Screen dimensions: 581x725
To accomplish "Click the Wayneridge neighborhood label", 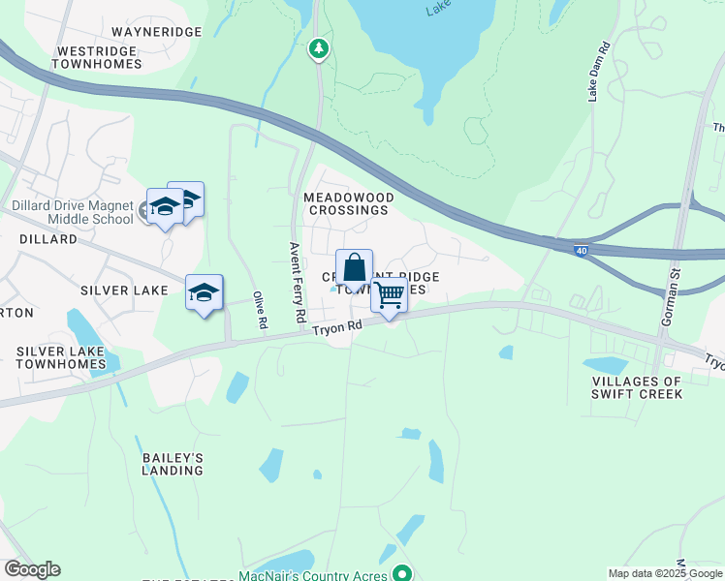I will coord(158,32).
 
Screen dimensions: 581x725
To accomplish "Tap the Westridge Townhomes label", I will coord(99,57).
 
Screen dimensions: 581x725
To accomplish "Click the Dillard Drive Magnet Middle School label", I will coord(72,212).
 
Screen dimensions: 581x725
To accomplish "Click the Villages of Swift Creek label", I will coord(638,387).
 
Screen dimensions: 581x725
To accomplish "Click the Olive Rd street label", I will coord(259,310).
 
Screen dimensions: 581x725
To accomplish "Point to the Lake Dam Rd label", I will coord(597,72).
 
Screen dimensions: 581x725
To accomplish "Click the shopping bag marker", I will coord(355,268).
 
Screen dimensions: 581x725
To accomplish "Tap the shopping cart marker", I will coord(389,293).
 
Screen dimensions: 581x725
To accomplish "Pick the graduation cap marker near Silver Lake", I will coord(204,292).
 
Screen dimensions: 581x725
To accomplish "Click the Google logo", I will coord(32,569).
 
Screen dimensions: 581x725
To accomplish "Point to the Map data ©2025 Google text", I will coord(665,573).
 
